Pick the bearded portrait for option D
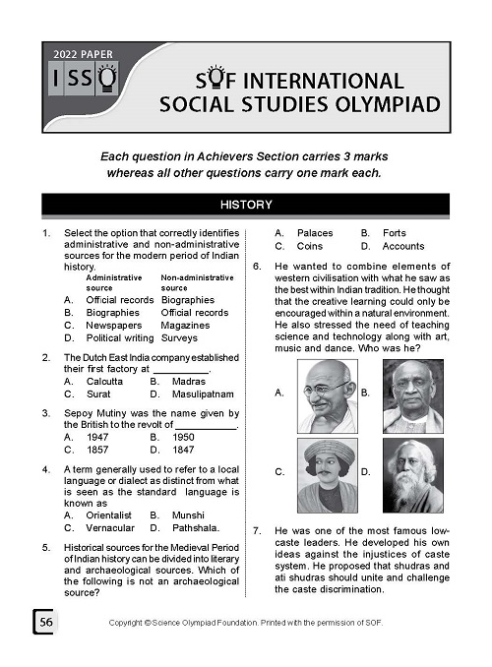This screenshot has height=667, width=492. [x=412, y=473]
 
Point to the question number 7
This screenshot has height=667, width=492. [x=258, y=531]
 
